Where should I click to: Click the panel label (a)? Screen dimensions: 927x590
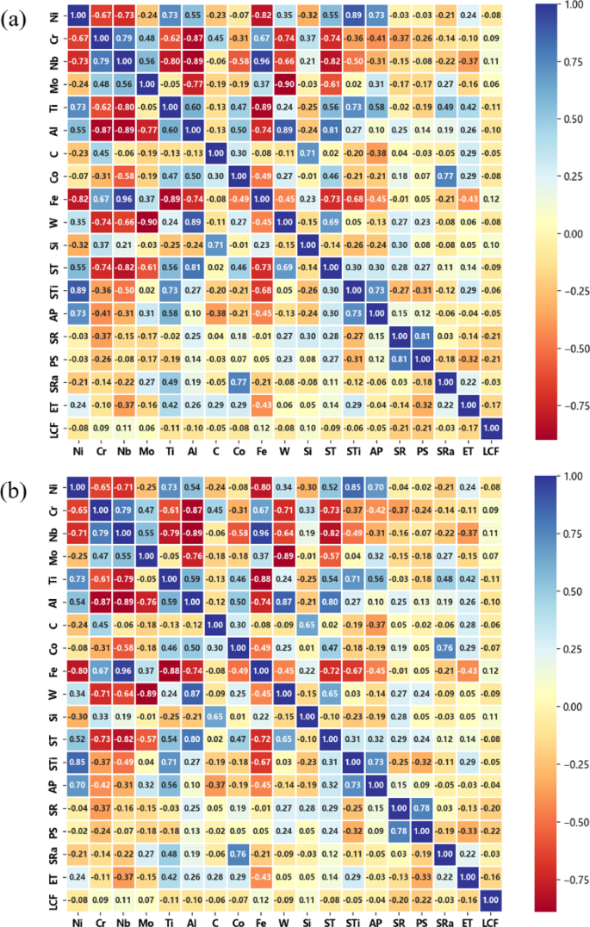(16, 18)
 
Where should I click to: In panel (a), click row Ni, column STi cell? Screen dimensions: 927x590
(356, 15)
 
